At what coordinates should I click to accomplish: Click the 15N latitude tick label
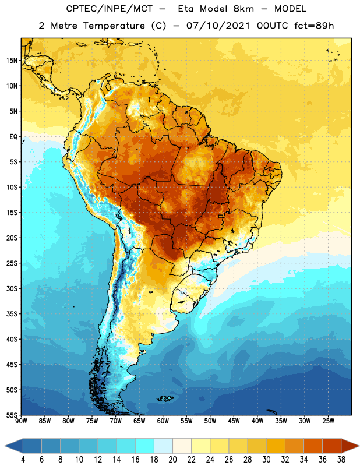point(12,61)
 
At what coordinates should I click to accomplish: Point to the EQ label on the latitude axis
point(13,137)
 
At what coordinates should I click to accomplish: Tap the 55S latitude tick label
point(12,415)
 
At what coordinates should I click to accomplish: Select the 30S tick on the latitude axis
point(12,288)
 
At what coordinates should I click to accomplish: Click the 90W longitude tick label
point(21,421)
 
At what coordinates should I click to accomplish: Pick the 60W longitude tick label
point(163,421)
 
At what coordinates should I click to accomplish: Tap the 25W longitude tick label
point(328,421)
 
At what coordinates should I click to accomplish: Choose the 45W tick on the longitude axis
point(234,421)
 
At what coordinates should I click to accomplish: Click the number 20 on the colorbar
point(172,460)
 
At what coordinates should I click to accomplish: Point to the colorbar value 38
point(341,460)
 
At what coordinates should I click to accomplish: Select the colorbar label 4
point(23,460)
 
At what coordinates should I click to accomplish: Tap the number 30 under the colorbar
point(266,460)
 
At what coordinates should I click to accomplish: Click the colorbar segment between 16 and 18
point(144,446)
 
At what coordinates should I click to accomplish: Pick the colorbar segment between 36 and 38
point(332,446)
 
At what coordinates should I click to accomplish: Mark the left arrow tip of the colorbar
point(5,446)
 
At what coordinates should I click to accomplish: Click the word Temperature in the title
point(114,26)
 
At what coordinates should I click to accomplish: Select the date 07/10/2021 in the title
point(218,26)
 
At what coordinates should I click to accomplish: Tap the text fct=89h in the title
point(314,26)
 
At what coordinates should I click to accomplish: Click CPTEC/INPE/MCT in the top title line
point(109,9)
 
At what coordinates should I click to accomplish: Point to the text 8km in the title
point(243,9)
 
